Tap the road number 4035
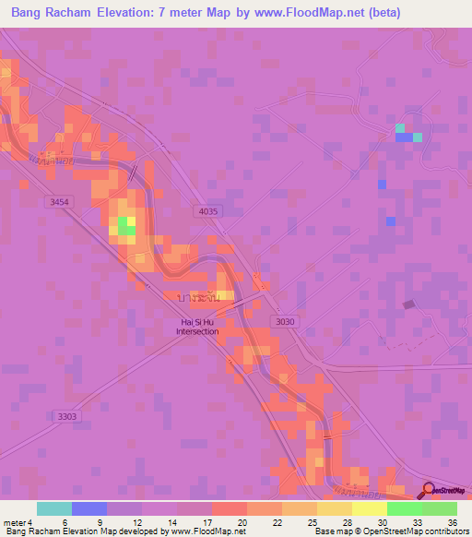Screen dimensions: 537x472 (208, 211)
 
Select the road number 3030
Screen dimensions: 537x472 (286, 321)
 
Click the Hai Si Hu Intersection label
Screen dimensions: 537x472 (198, 327)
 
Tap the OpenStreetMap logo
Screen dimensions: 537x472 (445, 490)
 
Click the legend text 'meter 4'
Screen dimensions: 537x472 (18, 522)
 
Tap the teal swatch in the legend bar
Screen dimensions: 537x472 (53, 508)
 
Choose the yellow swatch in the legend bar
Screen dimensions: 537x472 (369, 508)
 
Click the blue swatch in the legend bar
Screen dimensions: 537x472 (88, 508)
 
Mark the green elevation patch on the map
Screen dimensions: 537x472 (124, 226)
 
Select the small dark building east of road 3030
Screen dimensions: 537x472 (409, 304)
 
